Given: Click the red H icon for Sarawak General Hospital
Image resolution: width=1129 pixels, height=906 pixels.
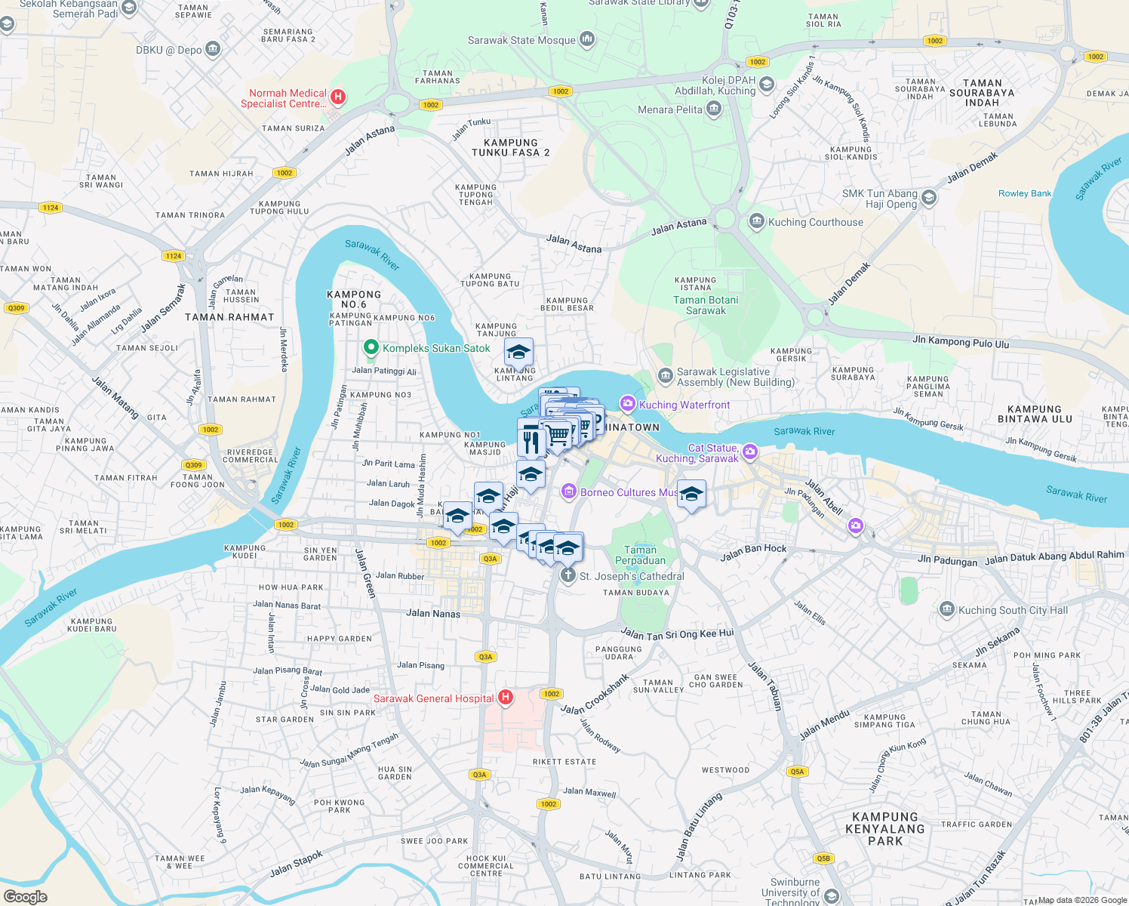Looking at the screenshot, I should (506, 698).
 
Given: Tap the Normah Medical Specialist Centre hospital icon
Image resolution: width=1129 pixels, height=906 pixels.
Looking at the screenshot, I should (338, 97).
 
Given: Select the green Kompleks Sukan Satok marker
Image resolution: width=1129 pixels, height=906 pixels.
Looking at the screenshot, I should (371, 347).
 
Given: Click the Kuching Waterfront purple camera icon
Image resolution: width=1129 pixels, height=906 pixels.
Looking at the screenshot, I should (628, 404).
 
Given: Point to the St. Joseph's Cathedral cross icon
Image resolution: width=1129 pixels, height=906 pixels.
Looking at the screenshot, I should (568, 575).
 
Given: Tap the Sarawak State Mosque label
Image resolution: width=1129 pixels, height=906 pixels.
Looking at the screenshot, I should (521, 40).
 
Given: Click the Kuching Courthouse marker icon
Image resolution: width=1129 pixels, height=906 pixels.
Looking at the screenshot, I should (756, 221).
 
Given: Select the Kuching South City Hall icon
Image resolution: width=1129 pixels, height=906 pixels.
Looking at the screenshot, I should (947, 609).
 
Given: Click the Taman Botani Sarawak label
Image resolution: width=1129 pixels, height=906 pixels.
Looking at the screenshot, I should (706, 305).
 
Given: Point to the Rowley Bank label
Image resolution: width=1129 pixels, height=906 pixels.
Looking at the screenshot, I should (1024, 193).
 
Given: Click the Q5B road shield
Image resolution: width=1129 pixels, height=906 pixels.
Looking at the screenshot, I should (823, 858).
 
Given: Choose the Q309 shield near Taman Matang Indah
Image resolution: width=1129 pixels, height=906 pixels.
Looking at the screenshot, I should (16, 308).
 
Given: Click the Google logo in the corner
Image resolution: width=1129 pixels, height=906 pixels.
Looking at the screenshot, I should (25, 897).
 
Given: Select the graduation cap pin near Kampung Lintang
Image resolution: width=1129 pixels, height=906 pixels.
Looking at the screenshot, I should (518, 353).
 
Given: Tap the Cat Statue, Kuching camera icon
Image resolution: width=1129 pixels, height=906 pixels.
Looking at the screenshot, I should (749, 451).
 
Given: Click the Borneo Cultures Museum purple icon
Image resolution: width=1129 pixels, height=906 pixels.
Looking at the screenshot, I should (569, 492).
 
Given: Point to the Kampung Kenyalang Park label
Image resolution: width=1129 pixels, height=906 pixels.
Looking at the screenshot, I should (885, 828).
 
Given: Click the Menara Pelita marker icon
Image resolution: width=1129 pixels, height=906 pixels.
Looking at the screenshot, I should (714, 109).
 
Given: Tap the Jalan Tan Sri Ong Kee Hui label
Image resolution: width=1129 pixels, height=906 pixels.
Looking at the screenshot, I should (677, 634).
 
